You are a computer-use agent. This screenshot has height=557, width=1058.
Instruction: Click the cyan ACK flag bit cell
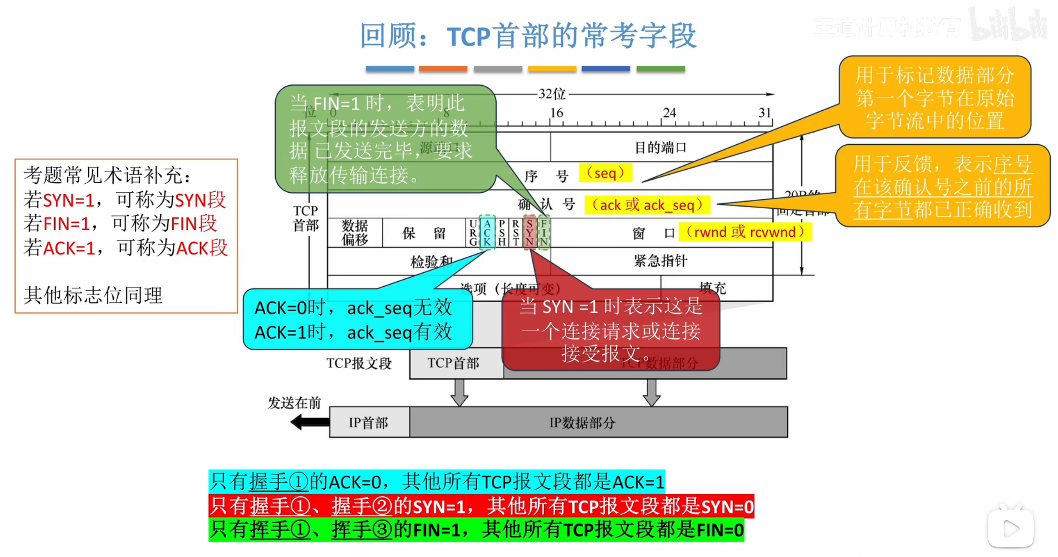point(487,232)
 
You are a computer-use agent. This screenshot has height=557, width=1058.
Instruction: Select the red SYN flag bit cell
point(529,232)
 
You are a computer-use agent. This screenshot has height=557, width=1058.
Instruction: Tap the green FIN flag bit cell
point(543,232)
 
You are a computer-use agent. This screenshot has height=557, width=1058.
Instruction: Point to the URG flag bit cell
point(473,232)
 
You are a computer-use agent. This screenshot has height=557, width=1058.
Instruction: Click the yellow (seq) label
point(605,173)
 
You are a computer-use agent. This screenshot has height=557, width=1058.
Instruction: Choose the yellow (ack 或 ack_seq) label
point(647,205)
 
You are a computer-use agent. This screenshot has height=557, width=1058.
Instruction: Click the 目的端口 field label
point(661,148)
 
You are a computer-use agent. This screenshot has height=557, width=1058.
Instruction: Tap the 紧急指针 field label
point(661,260)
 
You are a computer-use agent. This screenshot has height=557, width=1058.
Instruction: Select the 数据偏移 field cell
point(355,232)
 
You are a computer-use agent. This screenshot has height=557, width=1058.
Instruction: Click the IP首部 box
point(369,423)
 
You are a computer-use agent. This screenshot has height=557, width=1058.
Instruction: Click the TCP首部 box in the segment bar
point(453,363)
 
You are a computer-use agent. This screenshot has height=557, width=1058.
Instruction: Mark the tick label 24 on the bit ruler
point(669,112)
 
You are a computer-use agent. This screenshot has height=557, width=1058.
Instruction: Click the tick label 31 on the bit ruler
point(764,112)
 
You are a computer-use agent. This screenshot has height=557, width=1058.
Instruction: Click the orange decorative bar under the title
point(443,69)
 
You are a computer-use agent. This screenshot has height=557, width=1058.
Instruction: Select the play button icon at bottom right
point(1011,529)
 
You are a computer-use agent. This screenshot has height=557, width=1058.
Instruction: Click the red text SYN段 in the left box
point(200,200)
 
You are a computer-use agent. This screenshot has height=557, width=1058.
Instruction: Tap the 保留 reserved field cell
point(424,232)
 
